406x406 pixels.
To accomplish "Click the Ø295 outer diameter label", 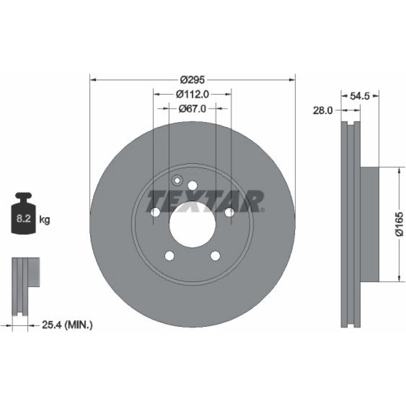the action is click(192, 80).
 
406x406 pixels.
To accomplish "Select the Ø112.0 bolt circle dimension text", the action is click(192, 94).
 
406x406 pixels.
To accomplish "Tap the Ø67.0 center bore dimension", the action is click(192, 108).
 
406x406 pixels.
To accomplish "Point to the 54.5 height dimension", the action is click(359, 96).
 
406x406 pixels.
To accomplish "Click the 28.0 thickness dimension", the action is click(323, 110).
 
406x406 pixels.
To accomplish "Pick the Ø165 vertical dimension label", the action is click(399, 224).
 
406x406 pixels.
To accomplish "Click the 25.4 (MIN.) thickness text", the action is click(67, 324).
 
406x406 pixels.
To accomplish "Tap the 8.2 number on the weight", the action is click(24, 218).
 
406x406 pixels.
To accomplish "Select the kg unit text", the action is click(45, 220).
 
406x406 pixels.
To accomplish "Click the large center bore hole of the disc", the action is click(192, 224).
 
